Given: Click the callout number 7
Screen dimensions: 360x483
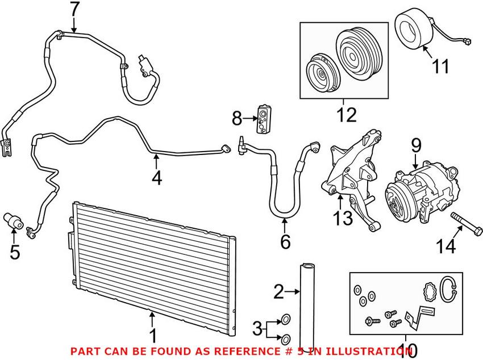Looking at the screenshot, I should pyautogui.click(x=75, y=10).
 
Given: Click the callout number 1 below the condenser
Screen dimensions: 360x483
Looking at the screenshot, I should pyautogui.click(x=152, y=335).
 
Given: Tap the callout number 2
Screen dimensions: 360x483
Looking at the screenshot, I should pyautogui.click(x=278, y=292).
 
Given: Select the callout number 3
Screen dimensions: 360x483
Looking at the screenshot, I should pyautogui.click(x=257, y=328).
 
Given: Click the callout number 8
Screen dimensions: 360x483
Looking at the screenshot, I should pyautogui.click(x=237, y=119).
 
